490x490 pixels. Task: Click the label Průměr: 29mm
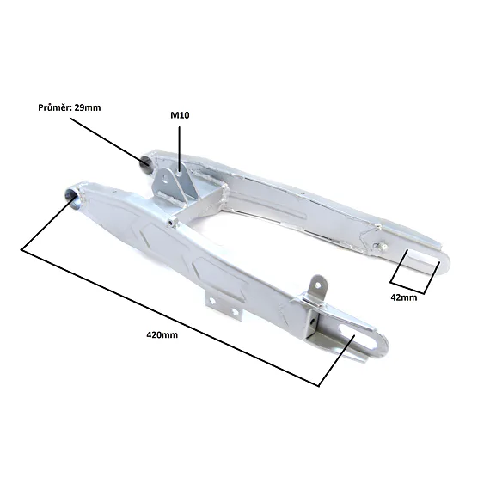[x=70, y=107]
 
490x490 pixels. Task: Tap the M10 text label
[x=180, y=115]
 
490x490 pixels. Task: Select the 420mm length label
[x=162, y=335]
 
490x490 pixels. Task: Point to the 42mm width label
[x=404, y=297]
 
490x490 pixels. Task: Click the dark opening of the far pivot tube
[x=145, y=162]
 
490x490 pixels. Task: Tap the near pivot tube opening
[x=70, y=197]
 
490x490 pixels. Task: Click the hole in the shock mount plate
[x=165, y=179]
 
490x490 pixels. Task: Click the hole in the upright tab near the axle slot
[x=317, y=285]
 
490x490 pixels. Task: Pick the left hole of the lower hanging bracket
[x=212, y=300]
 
